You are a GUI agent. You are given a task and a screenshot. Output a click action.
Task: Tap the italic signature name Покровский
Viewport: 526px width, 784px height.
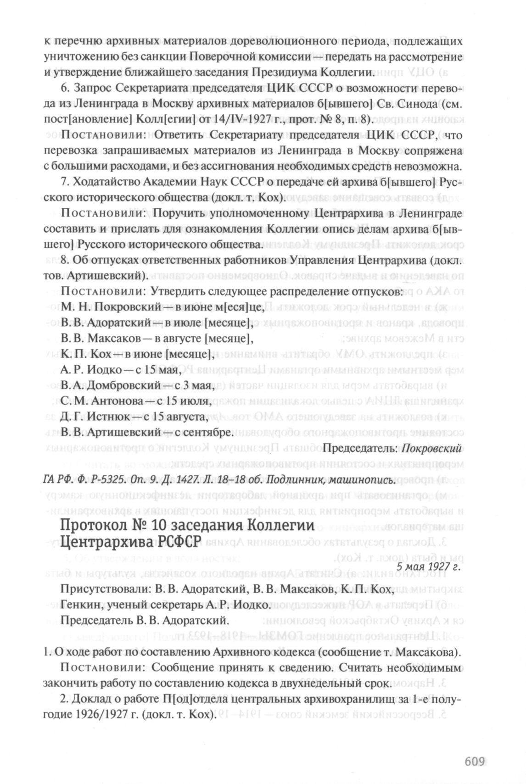pyautogui.click(x=431, y=448)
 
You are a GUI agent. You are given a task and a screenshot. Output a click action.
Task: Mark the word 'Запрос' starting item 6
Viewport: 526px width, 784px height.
pyautogui.click(x=90, y=89)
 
